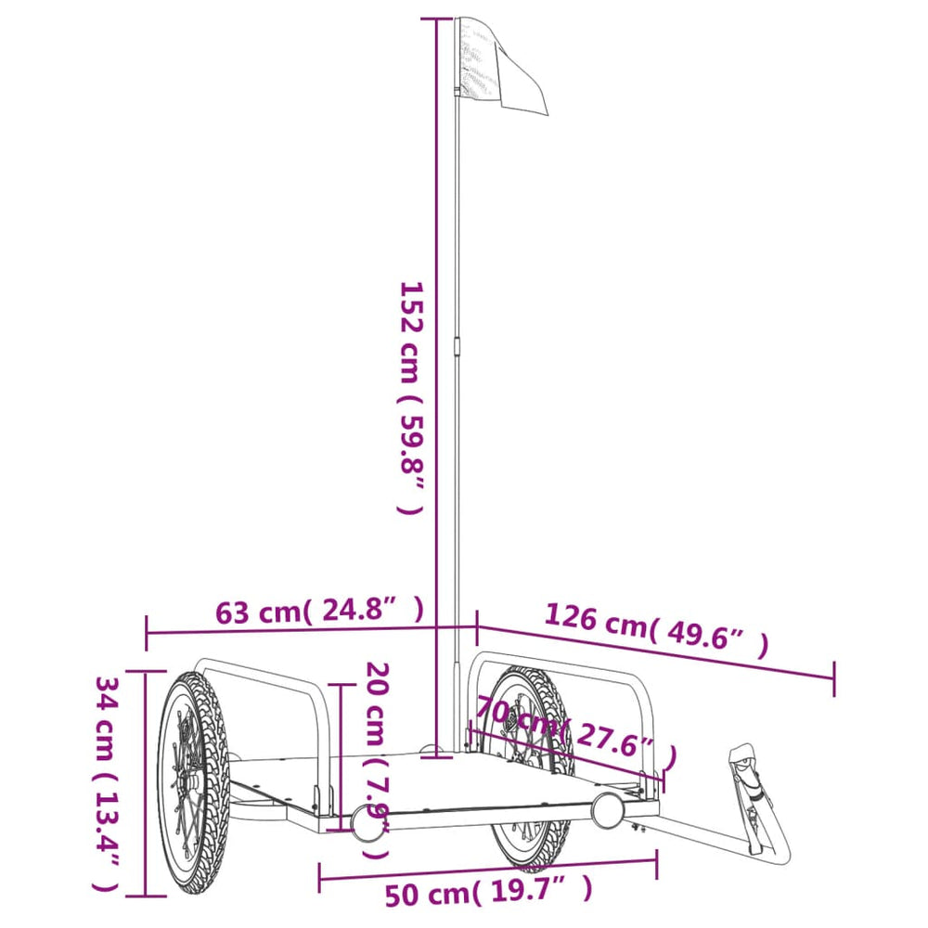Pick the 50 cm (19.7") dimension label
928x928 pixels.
click(488, 894)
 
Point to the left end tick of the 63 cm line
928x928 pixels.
click(147, 633)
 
